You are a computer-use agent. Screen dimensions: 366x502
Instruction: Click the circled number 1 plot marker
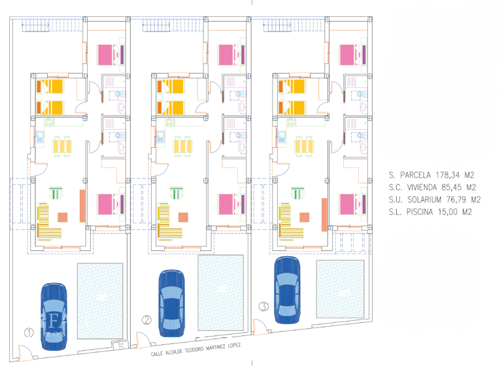click(x=29, y=332)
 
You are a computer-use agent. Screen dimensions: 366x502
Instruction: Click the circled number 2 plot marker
click(x=147, y=320)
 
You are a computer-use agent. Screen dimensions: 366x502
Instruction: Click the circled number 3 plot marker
click(x=263, y=305)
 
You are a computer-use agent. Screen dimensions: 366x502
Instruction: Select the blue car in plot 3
click(x=288, y=288)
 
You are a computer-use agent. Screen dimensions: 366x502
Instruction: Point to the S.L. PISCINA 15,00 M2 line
click(x=429, y=212)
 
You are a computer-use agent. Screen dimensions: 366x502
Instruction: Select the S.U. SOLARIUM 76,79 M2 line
click(x=435, y=200)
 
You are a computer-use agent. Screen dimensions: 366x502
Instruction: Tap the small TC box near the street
click(x=120, y=346)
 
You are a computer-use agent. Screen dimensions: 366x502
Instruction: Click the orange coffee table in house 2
click(x=184, y=217)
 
